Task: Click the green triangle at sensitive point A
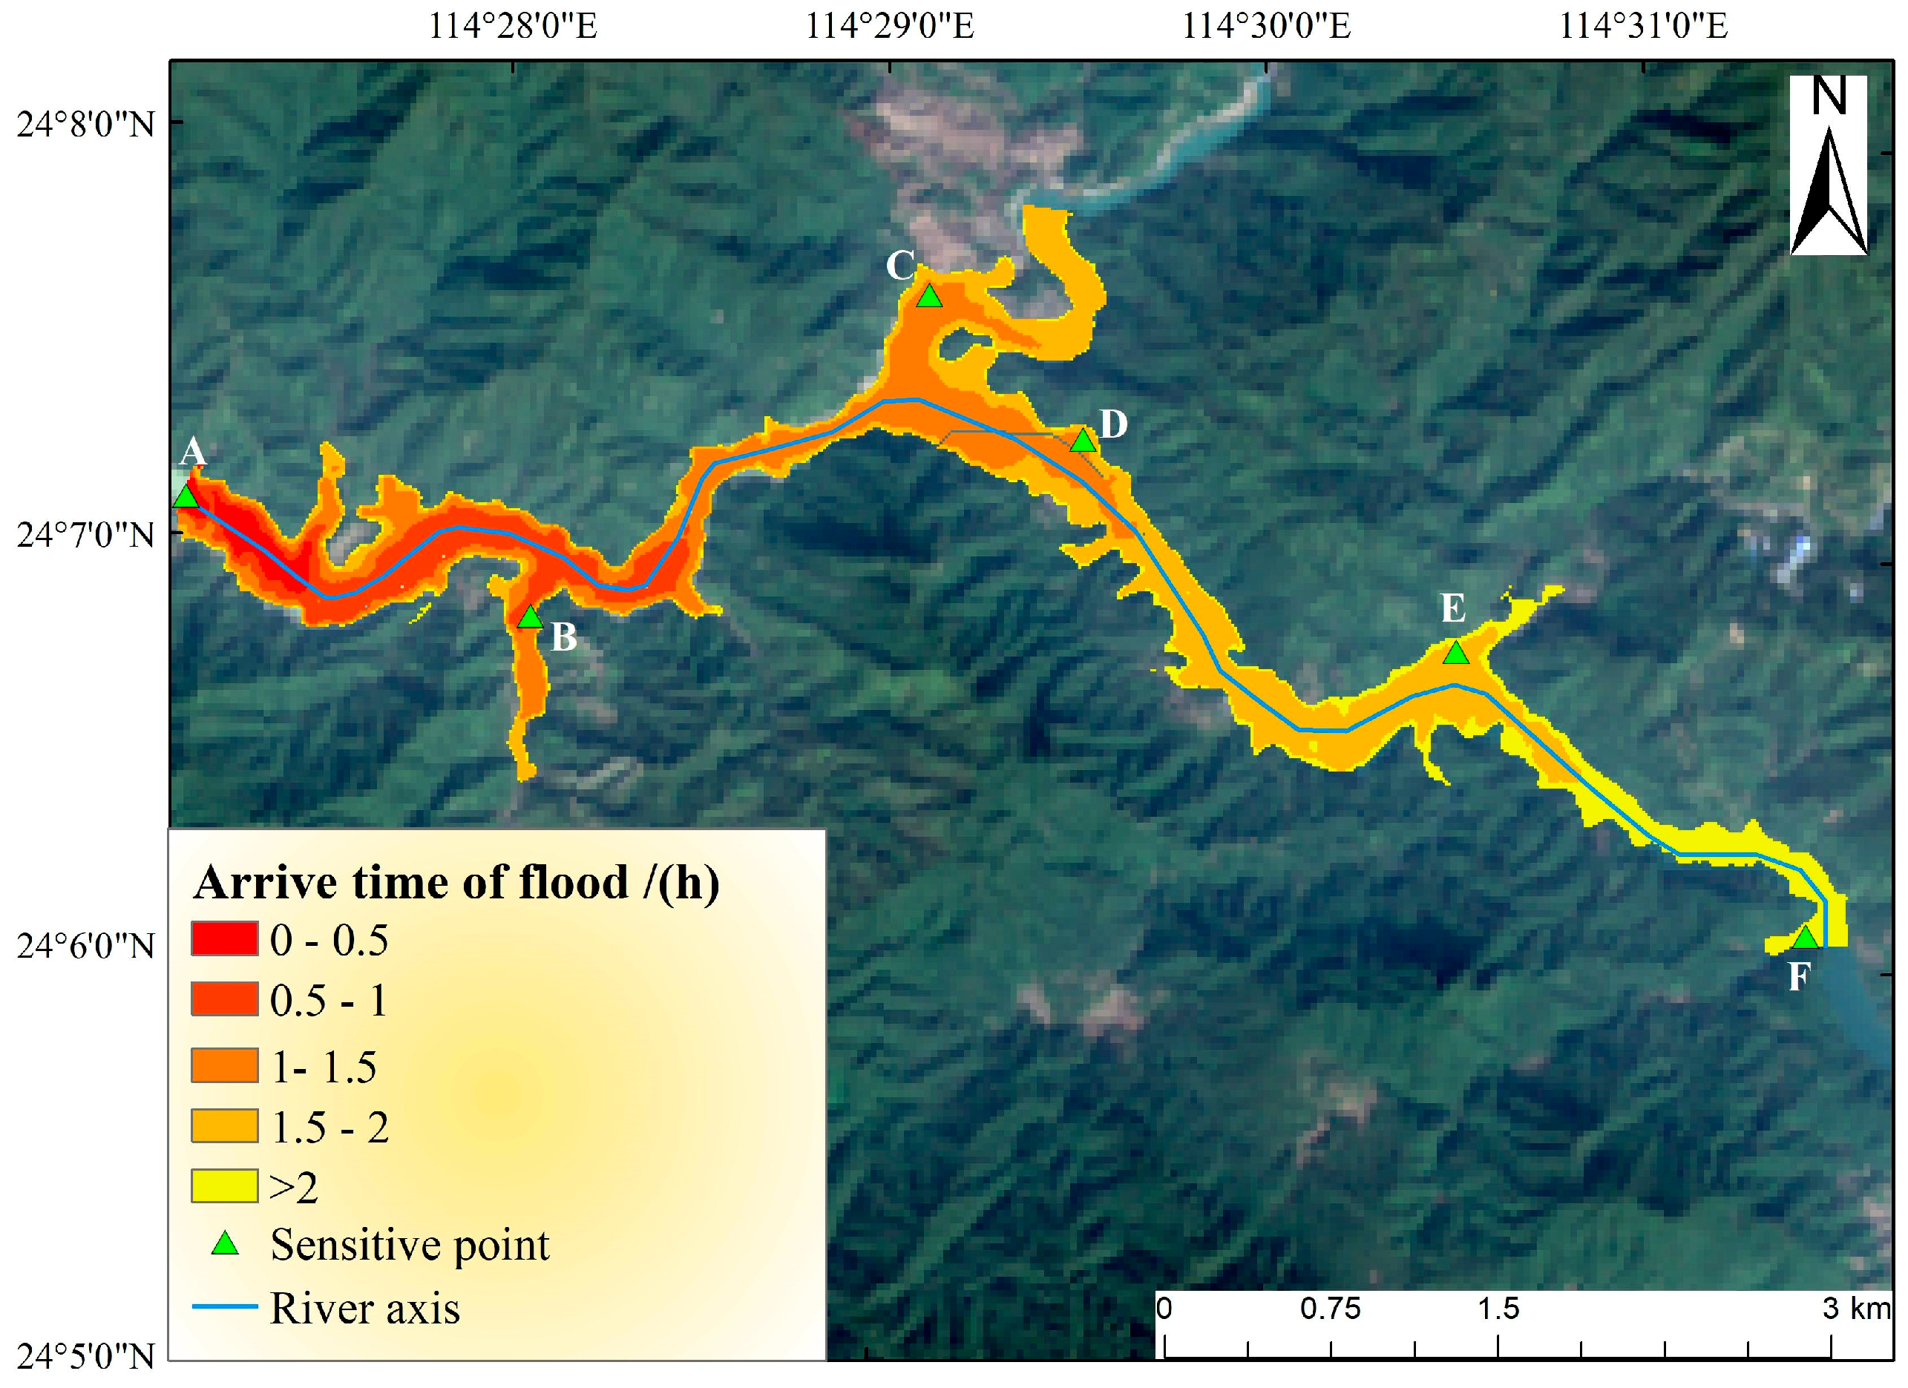click(x=186, y=497)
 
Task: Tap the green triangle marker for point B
click(x=530, y=618)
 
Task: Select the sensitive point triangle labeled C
click(x=928, y=297)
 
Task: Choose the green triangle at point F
click(x=1806, y=938)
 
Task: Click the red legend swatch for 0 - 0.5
click(x=224, y=938)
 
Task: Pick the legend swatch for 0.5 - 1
click(x=224, y=999)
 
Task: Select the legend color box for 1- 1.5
click(x=224, y=1065)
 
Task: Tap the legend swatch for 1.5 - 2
click(x=224, y=1125)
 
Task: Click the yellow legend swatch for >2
click(x=224, y=1186)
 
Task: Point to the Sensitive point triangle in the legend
click(x=225, y=1244)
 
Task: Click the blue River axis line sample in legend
click(x=225, y=1306)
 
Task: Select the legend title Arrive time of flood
click(x=456, y=884)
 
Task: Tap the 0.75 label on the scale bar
click(x=1330, y=1309)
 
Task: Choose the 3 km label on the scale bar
click(x=1857, y=1309)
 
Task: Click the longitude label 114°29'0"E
click(x=890, y=26)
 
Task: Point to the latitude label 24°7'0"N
click(x=86, y=535)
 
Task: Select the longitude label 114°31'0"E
click(x=1643, y=26)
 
